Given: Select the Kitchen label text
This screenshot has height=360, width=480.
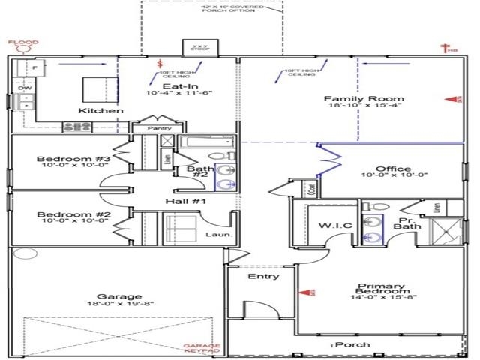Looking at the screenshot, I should click(101, 111).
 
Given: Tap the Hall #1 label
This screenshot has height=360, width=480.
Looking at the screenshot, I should click(186, 202).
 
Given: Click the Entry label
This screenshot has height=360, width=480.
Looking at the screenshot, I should click(263, 276).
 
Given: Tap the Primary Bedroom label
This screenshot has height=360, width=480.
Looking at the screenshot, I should click(382, 290).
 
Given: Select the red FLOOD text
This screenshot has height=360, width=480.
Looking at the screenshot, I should click(23, 43).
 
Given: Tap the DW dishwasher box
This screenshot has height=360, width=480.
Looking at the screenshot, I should click(23, 88).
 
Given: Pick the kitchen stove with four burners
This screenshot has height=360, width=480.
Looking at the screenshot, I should click(77, 127).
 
